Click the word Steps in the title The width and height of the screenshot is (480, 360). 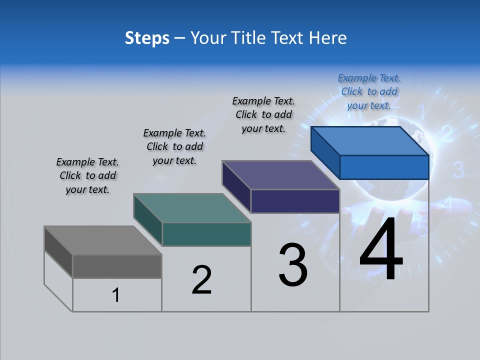(147, 38)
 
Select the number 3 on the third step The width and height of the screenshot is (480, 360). (293, 264)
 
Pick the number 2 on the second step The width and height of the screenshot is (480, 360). (201, 280)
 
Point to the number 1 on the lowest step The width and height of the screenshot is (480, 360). (116, 295)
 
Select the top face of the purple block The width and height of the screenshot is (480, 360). (280, 175)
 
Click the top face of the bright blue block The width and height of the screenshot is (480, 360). (369, 141)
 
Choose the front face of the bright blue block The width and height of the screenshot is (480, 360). (384, 167)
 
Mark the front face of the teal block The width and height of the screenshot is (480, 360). (206, 234)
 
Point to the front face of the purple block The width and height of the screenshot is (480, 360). (295, 201)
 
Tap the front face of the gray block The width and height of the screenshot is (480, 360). (117, 266)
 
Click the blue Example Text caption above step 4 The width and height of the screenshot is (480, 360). (369, 91)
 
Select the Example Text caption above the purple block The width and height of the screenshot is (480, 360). (263, 114)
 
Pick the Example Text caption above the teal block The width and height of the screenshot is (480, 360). (174, 146)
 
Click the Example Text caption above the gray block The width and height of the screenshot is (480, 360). (87, 175)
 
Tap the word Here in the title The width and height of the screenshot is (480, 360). (328, 38)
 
